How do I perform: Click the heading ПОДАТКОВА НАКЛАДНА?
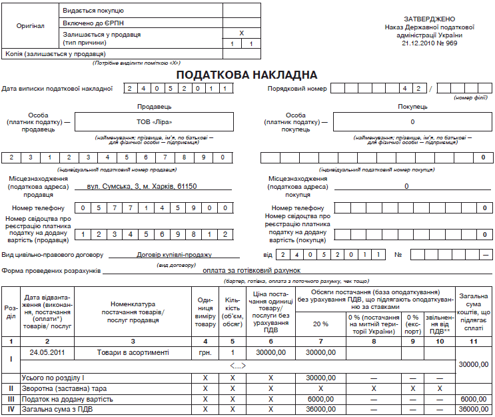tap(247, 74)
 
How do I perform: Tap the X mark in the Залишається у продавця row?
tap(241, 33)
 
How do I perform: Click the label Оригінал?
tap(31, 26)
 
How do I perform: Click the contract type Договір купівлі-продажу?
tap(174, 255)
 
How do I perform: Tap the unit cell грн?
tap(205, 352)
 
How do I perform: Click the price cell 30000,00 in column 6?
tap(270, 352)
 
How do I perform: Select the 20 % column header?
tap(320, 324)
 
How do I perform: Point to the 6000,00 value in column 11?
tap(473, 398)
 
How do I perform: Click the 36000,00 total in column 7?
tap(320, 409)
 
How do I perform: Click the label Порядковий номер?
tap(297, 88)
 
